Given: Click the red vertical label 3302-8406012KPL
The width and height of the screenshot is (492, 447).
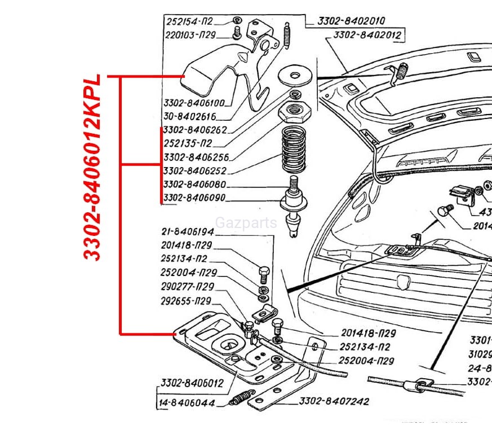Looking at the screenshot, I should coord(93,167).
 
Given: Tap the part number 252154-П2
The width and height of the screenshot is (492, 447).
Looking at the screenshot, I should coord(189,21).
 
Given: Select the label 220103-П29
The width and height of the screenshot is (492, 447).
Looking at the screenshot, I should coord(191,34).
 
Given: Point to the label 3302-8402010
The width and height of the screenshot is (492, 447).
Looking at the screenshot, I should coord(351,21).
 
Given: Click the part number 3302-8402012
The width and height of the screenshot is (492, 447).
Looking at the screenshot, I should coord(366,35).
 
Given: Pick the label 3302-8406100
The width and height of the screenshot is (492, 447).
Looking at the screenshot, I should coord(194,103).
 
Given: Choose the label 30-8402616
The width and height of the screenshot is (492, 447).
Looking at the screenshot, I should coord(189,117).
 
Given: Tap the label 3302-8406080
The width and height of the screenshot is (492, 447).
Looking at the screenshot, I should coord(194,185).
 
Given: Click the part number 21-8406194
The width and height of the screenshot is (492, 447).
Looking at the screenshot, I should coord(187,232).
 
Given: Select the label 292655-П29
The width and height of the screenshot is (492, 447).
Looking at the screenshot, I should coord(185,300).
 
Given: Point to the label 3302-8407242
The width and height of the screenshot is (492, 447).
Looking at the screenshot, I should coord(334,401).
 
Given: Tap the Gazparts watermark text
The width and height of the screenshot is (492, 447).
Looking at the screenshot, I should coord(246,223).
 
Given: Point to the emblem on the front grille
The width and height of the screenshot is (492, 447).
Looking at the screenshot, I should coord(404,281).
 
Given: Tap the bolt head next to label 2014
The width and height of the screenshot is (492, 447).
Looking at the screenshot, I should coord(444,211).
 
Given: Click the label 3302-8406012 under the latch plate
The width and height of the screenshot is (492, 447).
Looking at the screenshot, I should coord(192,383).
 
